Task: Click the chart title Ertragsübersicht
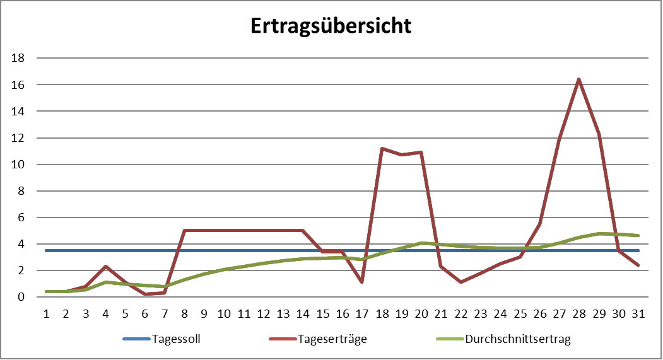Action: tap(331, 26)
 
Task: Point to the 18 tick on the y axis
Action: tap(18, 58)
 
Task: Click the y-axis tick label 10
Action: tap(18, 165)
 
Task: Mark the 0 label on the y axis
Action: tap(21, 297)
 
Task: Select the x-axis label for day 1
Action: tap(46, 313)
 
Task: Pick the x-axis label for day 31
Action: tap(638, 313)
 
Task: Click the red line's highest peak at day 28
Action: tap(578, 79)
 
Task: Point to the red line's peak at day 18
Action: tap(382, 148)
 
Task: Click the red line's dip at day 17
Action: tap(362, 282)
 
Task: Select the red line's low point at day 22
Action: tap(461, 282)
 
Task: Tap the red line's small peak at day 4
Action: tap(105, 266)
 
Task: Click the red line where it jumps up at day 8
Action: tap(184, 230)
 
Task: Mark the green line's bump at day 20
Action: tap(421, 243)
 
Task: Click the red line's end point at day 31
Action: tap(638, 265)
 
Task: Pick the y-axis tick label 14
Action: tap(18, 111)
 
